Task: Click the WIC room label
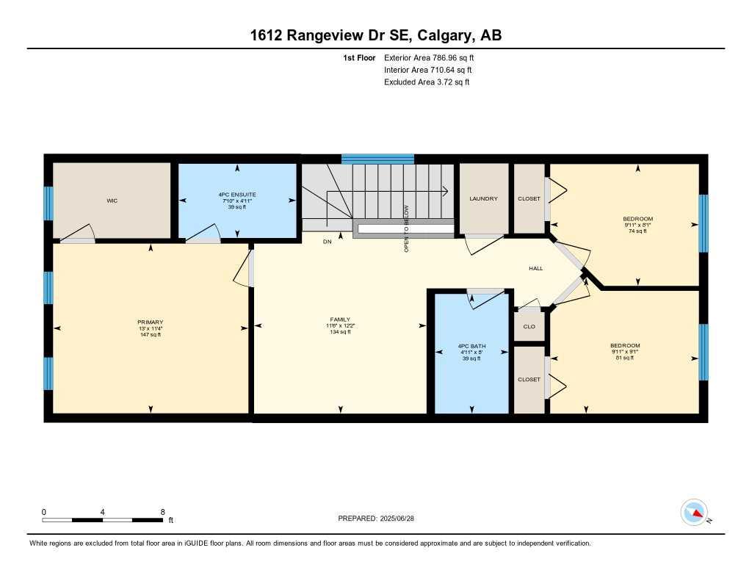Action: click(x=112, y=201)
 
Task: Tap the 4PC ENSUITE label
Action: click(x=236, y=195)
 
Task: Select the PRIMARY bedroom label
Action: click(x=150, y=322)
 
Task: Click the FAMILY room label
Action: click(x=339, y=320)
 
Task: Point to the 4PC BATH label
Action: click(x=469, y=346)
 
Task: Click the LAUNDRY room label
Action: click(x=483, y=198)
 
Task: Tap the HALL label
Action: click(x=536, y=269)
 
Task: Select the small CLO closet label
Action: click(x=529, y=327)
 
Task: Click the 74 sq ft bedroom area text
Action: click(x=637, y=231)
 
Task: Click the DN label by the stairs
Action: click(x=327, y=240)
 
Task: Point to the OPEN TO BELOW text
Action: click(x=406, y=228)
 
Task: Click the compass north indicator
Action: click(x=694, y=512)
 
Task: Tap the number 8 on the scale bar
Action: click(x=162, y=511)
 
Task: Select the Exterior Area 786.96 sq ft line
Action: click(x=434, y=57)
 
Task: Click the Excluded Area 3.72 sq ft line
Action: click(x=427, y=82)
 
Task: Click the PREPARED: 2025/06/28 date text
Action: click(x=380, y=518)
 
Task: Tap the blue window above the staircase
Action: click(x=377, y=158)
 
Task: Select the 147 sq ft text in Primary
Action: click(x=150, y=334)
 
